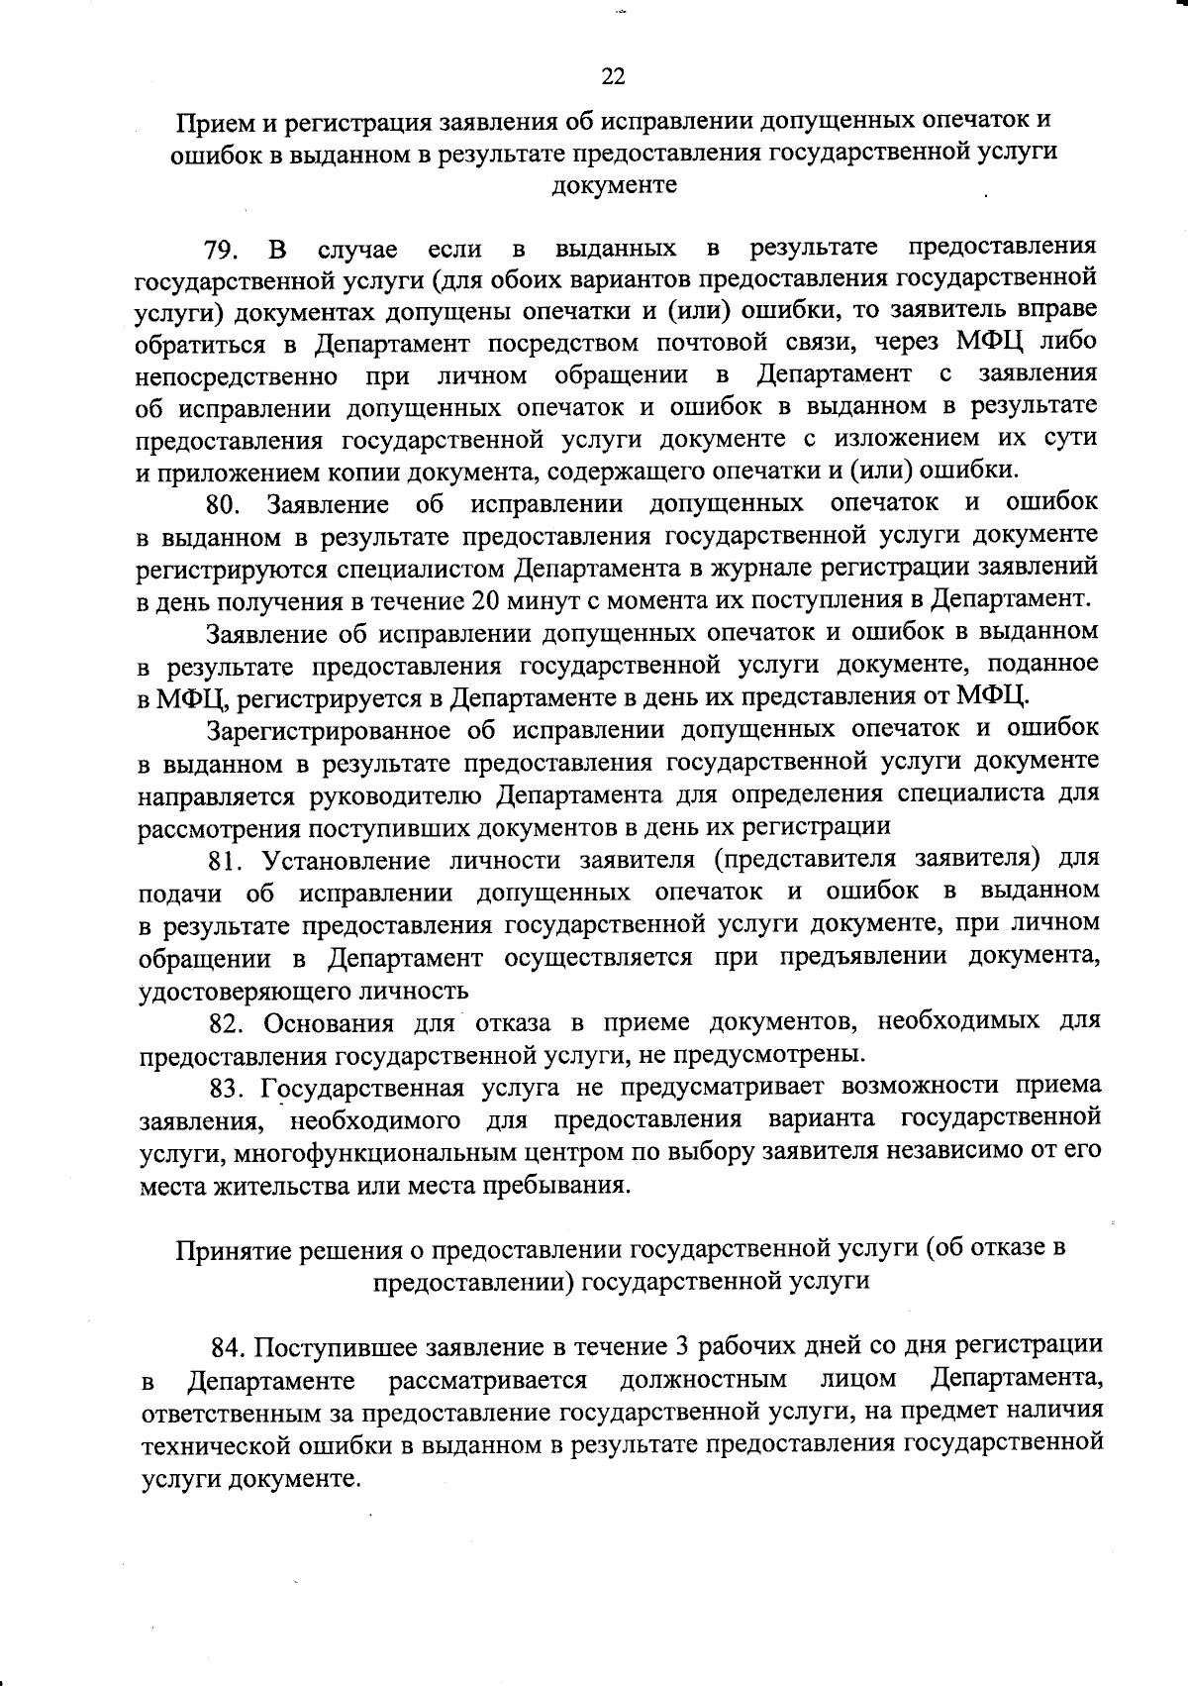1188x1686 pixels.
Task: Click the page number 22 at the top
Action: click(613, 76)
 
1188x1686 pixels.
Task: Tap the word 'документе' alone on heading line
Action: click(614, 185)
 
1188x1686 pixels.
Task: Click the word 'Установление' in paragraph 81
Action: click(346, 859)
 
